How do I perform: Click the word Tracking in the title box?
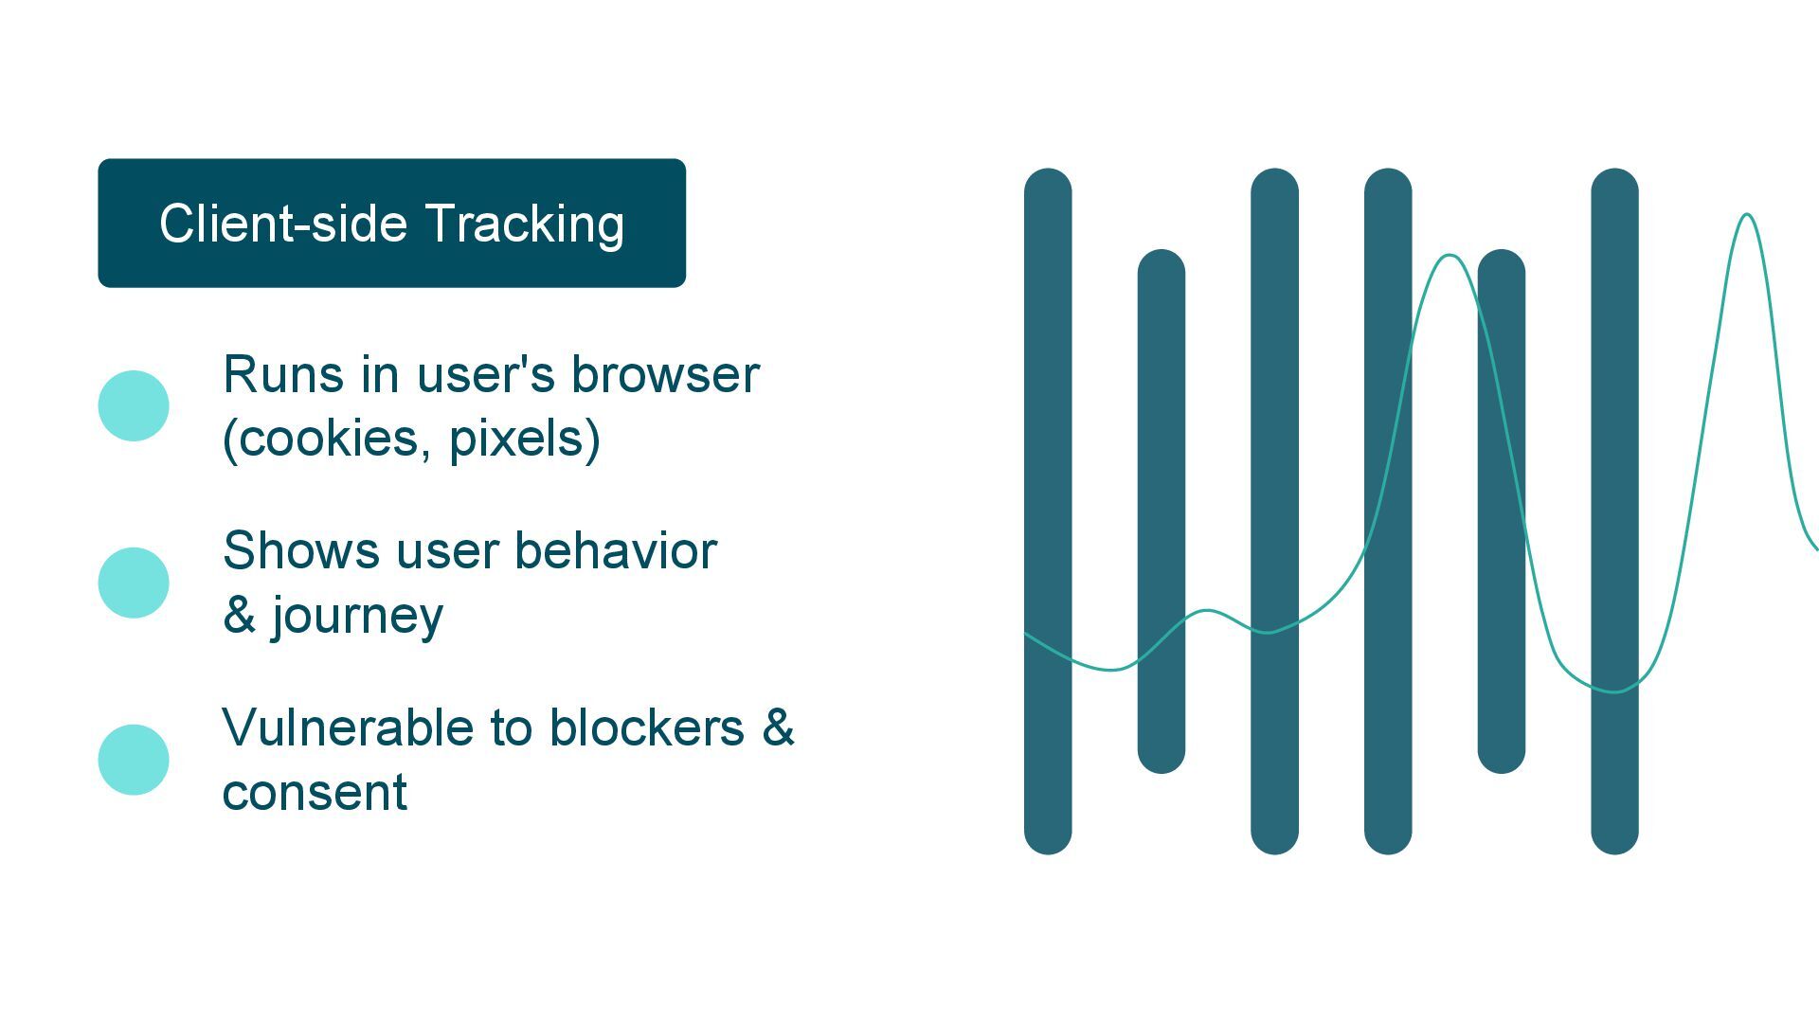(x=524, y=225)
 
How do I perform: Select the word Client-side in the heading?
(x=283, y=224)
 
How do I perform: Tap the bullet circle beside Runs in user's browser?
(x=134, y=405)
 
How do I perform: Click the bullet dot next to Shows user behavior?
(x=134, y=583)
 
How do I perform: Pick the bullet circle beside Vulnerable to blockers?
(x=134, y=760)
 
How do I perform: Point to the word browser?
(x=665, y=375)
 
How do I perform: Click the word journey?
(x=358, y=617)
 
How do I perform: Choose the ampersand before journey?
(x=240, y=615)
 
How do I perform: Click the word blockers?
(x=647, y=728)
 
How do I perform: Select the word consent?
(x=315, y=793)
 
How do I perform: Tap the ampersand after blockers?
(x=778, y=727)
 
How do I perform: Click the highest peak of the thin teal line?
(x=1747, y=216)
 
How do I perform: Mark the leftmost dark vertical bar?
(x=1048, y=511)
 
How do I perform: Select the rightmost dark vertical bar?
(x=1614, y=511)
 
